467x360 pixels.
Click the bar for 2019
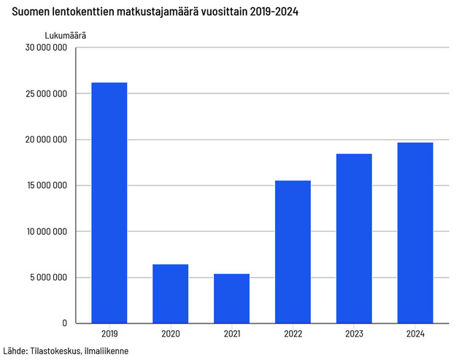pyautogui.click(x=109, y=202)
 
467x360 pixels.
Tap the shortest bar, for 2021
pyautogui.click(x=231, y=298)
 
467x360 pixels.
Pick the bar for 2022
pyautogui.click(x=293, y=251)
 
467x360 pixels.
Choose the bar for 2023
pyautogui.click(x=354, y=238)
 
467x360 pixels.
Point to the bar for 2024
pyautogui.click(x=415, y=232)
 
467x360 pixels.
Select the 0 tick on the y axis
pyautogui.click(x=65, y=323)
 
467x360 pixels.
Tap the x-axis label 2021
pyautogui.click(x=231, y=334)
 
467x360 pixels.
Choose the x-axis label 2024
pyautogui.click(x=415, y=334)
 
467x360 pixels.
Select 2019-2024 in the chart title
pyautogui.click(x=279, y=12)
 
